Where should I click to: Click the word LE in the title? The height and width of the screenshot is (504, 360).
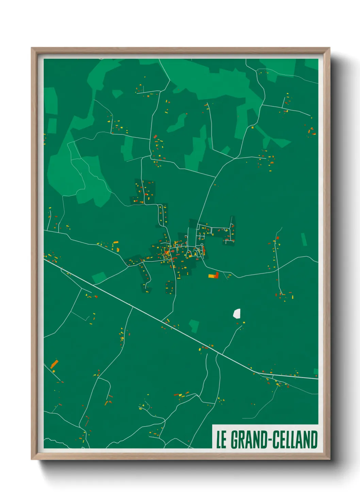(x=221, y=440)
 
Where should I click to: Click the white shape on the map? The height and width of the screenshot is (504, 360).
(x=237, y=313)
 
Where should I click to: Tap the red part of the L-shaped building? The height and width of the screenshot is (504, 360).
(x=216, y=274)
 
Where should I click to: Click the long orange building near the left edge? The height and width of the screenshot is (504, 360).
(x=54, y=364)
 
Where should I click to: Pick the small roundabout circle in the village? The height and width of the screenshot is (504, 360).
(x=202, y=245)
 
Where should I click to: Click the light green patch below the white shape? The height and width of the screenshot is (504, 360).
(x=194, y=326)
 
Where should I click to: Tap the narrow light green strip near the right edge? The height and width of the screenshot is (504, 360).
(x=304, y=239)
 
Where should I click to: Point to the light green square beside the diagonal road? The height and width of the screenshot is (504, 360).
(x=99, y=277)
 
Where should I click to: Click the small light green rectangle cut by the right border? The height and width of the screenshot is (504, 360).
(x=316, y=371)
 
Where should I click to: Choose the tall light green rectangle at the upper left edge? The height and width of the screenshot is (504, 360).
(x=51, y=101)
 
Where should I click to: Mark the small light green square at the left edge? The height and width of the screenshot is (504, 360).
(x=52, y=126)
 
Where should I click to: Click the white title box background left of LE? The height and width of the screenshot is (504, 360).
(x=214, y=440)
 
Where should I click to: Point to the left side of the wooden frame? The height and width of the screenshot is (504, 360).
(x=34, y=252)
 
